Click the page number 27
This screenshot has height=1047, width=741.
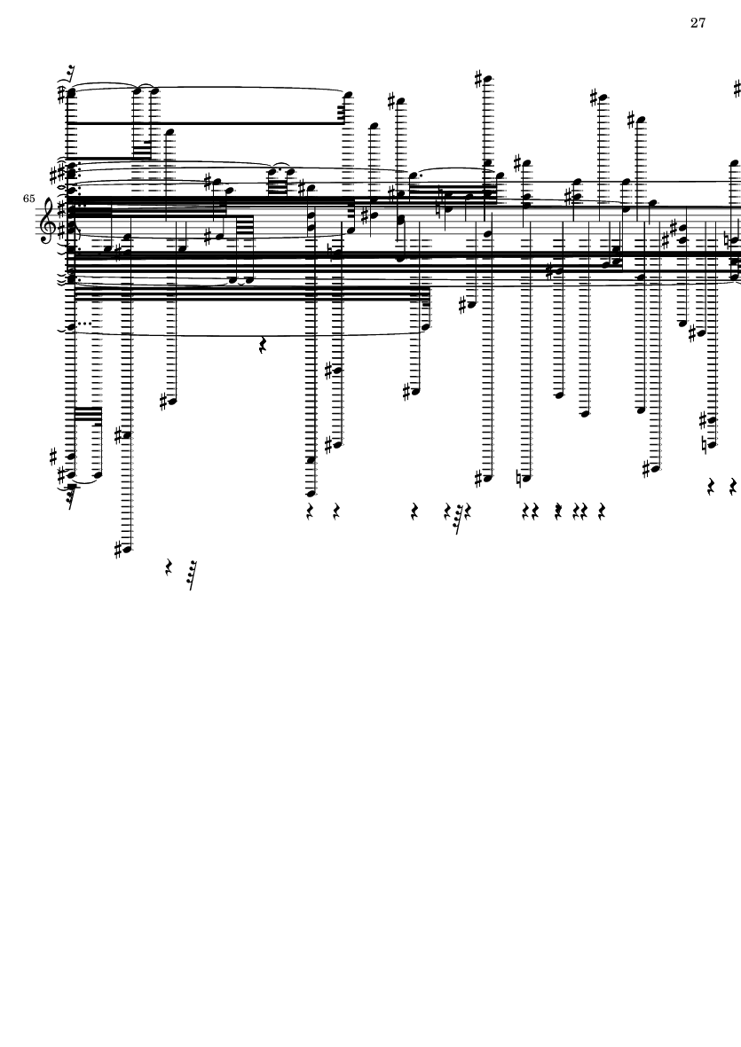tap(698, 23)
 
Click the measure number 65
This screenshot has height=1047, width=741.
tap(28, 199)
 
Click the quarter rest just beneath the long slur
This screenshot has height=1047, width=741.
tap(263, 345)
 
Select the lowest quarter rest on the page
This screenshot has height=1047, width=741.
tap(169, 567)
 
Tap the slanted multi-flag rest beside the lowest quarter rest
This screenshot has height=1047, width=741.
tap(191, 574)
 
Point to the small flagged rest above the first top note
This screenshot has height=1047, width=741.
tap(70, 73)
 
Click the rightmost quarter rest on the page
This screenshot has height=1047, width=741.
tap(733, 486)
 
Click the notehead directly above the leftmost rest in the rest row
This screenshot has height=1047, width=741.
tap(311, 494)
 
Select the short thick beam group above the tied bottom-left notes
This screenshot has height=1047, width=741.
tap(88, 415)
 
